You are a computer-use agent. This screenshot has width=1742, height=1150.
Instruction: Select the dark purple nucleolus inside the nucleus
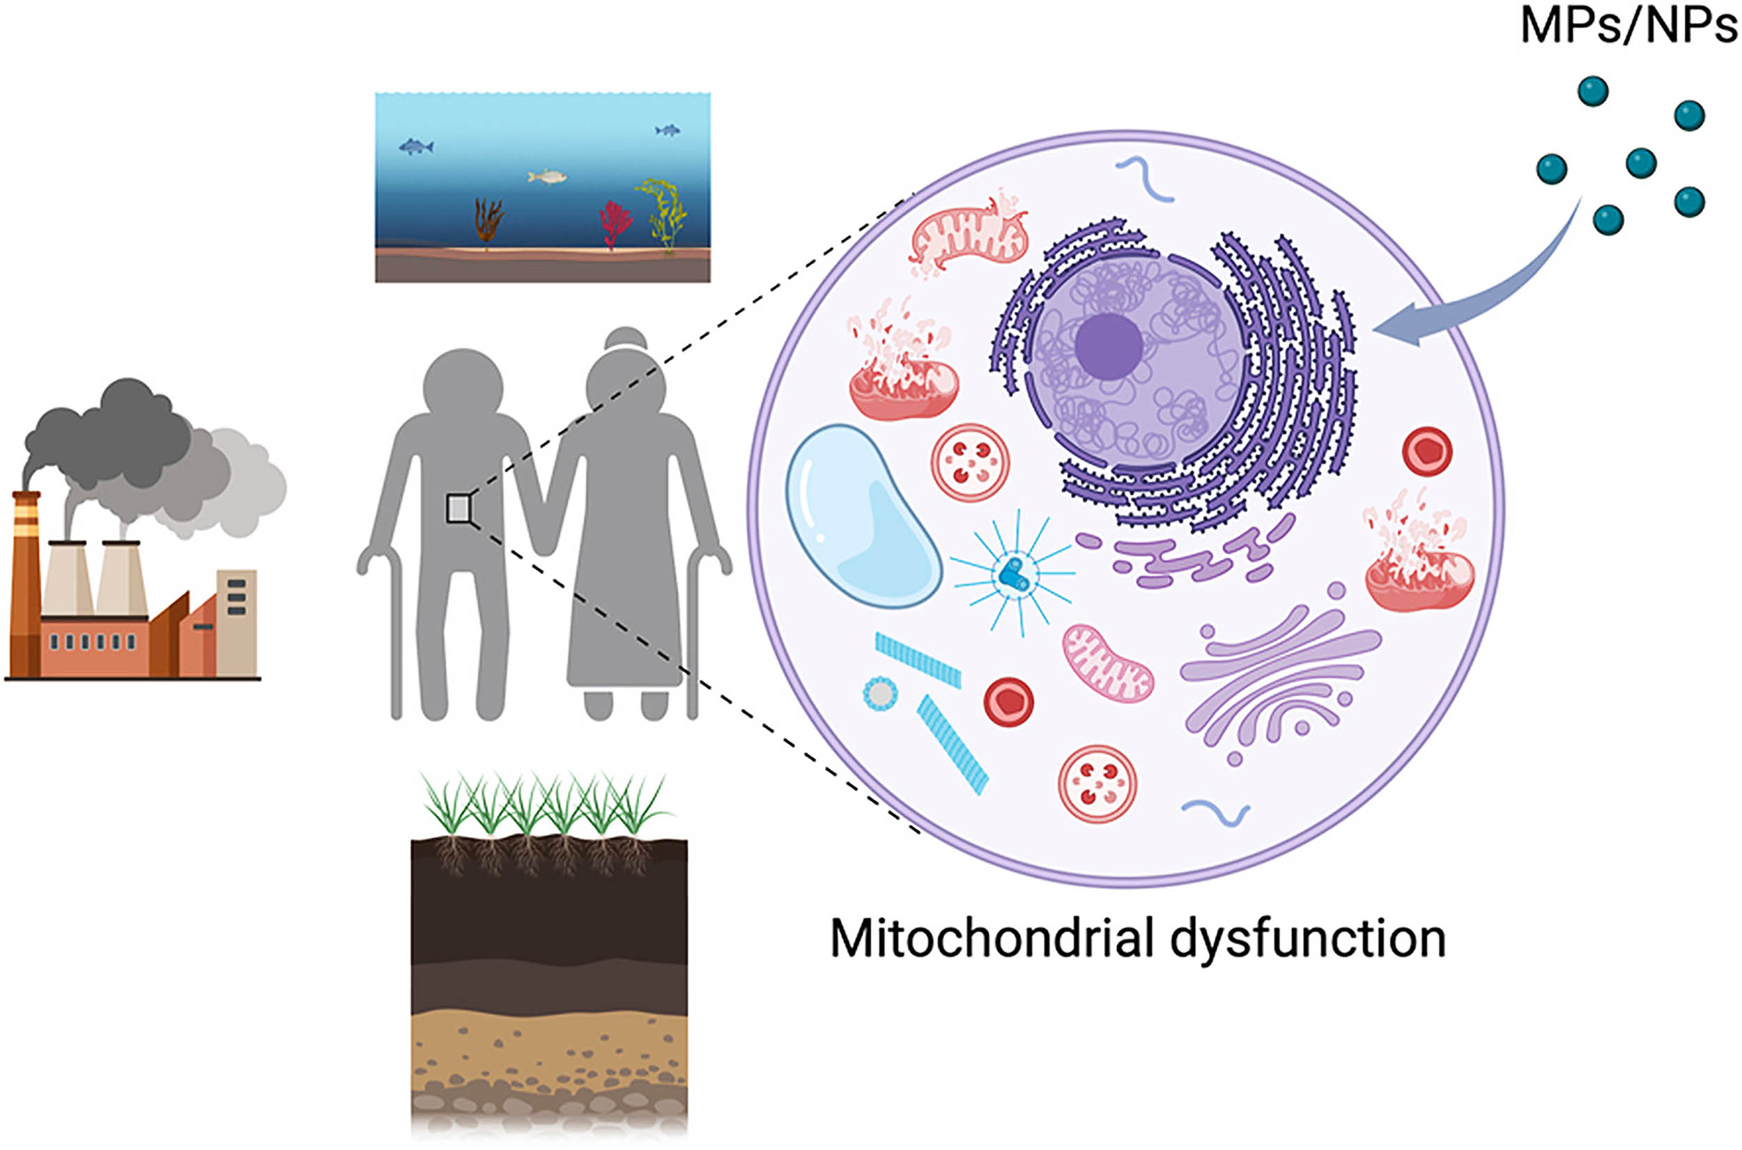coord(1109,346)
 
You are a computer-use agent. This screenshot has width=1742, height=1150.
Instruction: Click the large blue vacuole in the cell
coord(863,516)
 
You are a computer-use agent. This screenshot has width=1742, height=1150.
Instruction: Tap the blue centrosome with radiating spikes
coord(1015,573)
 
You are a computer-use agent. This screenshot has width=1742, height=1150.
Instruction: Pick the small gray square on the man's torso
coord(458,508)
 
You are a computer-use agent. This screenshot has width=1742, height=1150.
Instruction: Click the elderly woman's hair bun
coord(626,338)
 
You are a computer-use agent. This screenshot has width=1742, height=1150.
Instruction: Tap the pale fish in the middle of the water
coord(547,177)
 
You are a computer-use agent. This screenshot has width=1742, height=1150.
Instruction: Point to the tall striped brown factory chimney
coord(26,583)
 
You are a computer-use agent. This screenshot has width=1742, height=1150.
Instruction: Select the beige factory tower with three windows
coord(236,623)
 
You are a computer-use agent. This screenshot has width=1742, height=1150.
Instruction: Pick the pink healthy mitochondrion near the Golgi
coord(1107,663)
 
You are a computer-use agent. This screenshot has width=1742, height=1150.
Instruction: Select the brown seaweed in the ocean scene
coord(488,224)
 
